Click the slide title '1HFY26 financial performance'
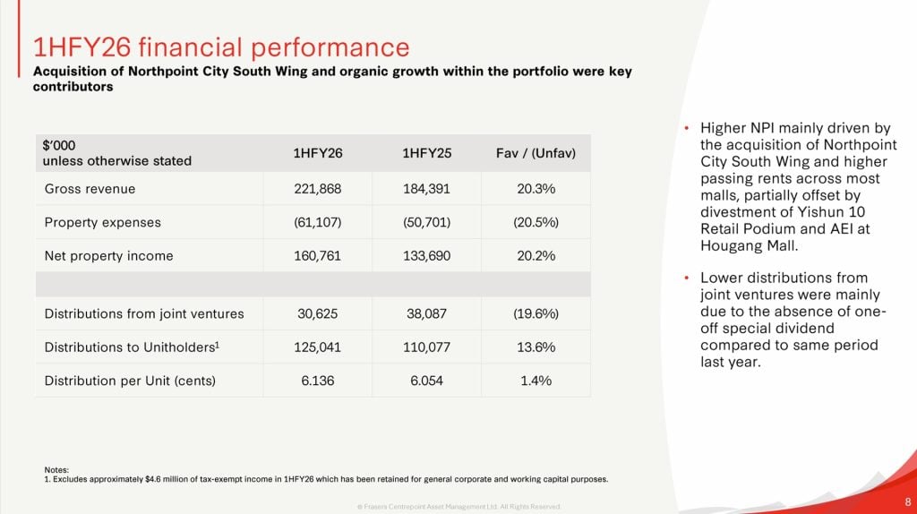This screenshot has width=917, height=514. click(220, 47)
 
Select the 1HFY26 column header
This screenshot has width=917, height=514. click(318, 153)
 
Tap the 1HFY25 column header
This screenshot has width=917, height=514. click(426, 153)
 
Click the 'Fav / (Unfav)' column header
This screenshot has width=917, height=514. click(536, 153)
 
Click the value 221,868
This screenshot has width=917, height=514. click(318, 189)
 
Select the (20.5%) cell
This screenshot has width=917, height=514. click(536, 222)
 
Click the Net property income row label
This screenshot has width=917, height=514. click(108, 256)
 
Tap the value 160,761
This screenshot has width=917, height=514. click(318, 256)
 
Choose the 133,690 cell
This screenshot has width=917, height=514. click(426, 256)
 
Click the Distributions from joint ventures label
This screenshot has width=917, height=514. click(144, 313)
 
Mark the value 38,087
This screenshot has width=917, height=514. click(426, 313)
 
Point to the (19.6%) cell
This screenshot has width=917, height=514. click(536, 313)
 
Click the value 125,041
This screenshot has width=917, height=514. click(318, 347)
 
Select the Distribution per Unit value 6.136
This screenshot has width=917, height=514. click(318, 381)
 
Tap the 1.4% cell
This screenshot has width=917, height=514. click(536, 381)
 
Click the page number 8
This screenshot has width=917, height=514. click(908, 501)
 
